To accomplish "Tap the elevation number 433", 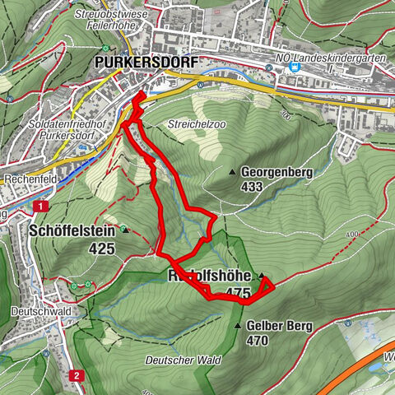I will click(253, 187).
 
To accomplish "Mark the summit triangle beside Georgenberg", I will click(233, 173).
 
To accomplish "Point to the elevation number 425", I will click(103, 248).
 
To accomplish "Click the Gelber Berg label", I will click(279, 326).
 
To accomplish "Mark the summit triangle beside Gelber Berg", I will click(239, 326).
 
